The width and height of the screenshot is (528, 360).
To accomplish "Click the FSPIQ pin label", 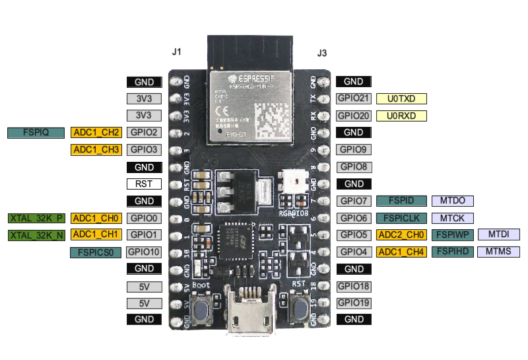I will [36, 132].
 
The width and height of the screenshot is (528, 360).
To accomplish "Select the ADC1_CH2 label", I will [96, 132].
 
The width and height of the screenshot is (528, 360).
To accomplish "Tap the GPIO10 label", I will [143, 252].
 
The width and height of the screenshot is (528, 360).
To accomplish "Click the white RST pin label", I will [144, 184].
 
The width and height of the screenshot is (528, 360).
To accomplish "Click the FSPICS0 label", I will [96, 252].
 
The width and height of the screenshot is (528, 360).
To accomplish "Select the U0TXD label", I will [401, 98].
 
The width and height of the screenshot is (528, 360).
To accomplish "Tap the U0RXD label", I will [401, 116].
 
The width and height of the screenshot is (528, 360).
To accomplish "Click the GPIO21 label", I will [354, 98].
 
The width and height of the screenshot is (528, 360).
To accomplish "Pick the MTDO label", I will [452, 201].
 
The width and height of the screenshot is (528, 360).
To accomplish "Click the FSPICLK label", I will [401, 218].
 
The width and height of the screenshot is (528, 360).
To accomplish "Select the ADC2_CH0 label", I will [401, 234].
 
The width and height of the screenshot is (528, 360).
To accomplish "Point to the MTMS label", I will [499, 252].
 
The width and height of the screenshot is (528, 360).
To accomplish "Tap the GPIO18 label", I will [354, 286].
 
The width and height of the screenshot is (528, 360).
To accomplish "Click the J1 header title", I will [176, 52].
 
